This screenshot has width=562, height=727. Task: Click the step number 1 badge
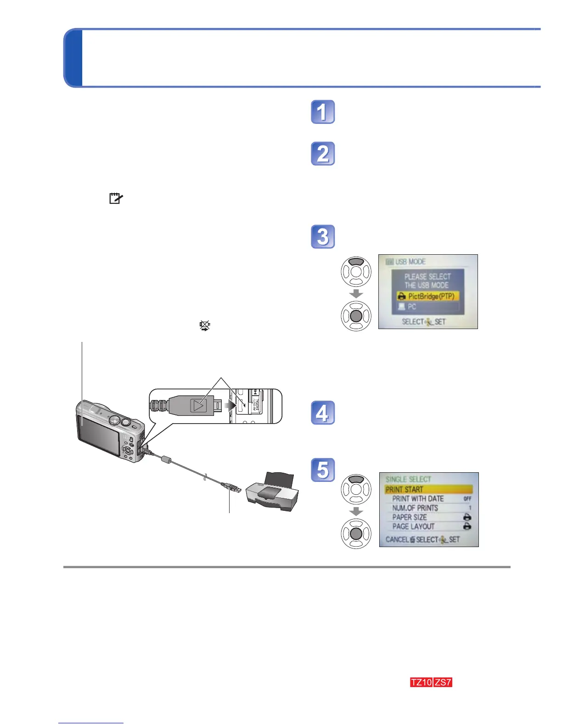click(323, 112)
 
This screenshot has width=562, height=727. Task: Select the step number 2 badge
click(323, 154)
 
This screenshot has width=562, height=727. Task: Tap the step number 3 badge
click(323, 237)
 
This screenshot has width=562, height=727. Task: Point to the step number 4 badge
click(323, 413)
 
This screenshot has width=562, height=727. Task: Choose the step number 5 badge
click(323, 470)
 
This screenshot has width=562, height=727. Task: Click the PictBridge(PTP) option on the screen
click(427, 296)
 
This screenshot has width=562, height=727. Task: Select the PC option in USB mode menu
click(427, 307)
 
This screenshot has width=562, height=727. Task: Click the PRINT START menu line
click(428, 489)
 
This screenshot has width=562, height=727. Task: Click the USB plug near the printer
click(231, 487)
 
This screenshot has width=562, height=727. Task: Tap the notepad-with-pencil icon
click(115, 198)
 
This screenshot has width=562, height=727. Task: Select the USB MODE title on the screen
click(410, 262)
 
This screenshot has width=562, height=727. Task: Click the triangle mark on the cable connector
click(198, 405)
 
